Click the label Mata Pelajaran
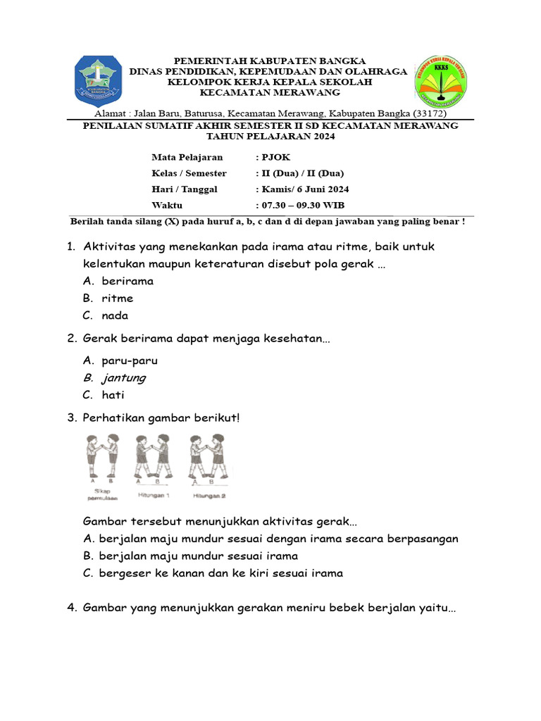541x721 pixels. click(187, 157)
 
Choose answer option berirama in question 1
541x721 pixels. click(127, 281)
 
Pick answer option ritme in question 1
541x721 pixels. click(117, 299)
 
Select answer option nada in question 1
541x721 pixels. click(114, 315)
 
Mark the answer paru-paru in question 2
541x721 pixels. click(130, 360)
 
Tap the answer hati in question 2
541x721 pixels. click(113, 395)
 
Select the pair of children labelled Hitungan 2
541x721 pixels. click(208, 458)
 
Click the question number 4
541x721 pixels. click(72, 608)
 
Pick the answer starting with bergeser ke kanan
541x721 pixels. click(222, 573)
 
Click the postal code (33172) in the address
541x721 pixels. click(430, 113)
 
